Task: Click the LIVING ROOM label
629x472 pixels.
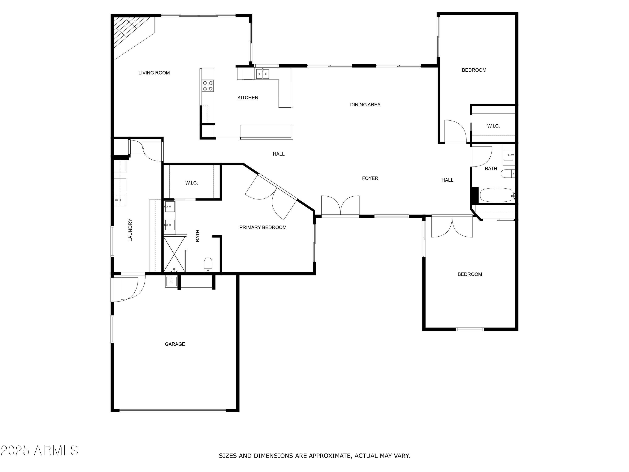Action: click(154, 73)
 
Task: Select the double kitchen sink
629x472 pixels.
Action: click(263, 74)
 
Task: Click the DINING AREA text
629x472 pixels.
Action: click(365, 105)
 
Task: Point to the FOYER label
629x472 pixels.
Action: click(370, 178)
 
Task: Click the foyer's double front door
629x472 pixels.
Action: click(340, 205)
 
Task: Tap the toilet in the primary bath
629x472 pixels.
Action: click(208, 265)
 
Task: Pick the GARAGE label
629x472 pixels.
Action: click(175, 344)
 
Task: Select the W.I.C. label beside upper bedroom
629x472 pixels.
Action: click(493, 126)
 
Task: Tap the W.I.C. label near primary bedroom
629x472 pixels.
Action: click(191, 183)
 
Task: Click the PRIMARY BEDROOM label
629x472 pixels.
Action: click(263, 227)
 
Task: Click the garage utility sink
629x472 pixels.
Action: click(172, 281)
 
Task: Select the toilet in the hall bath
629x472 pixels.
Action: click(508, 173)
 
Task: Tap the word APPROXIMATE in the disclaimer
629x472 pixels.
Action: click(330, 456)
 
